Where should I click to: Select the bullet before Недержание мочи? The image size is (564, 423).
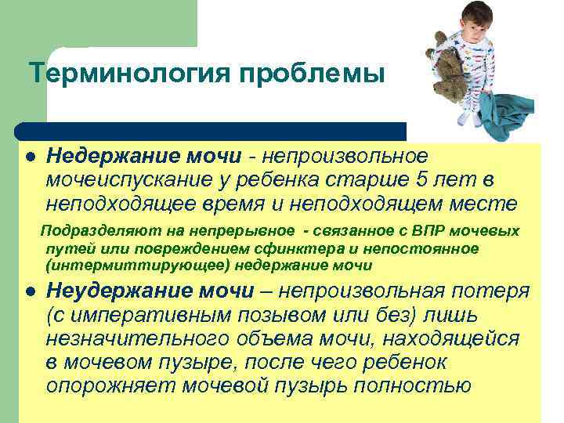[30, 156]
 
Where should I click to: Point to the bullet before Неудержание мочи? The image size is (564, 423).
[30, 291]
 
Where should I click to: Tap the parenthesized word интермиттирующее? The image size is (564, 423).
[122, 265]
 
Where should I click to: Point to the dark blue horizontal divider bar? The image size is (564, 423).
[211, 131]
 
